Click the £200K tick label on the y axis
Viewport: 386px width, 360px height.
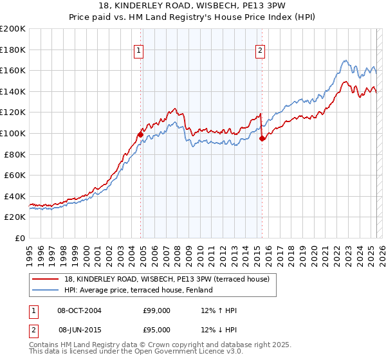point(13,28)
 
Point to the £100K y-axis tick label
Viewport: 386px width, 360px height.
point(13,133)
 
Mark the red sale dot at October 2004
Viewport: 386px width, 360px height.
point(140,134)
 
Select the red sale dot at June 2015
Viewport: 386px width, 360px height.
point(261,138)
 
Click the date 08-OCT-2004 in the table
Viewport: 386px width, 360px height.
point(80,310)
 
